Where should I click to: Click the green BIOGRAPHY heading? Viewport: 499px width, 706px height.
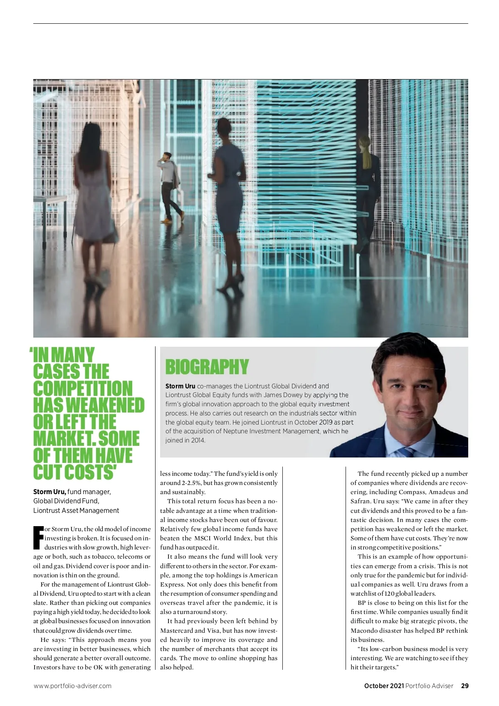(207, 367)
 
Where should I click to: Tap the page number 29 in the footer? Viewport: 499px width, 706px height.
(464, 686)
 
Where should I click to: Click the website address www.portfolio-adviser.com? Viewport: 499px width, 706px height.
(72, 686)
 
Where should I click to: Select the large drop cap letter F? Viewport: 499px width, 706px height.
(38, 538)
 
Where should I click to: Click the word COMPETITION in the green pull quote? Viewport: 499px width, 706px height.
(83, 388)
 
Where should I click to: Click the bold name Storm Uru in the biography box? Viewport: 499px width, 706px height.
(180, 386)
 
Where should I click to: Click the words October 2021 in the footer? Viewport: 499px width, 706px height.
(383, 686)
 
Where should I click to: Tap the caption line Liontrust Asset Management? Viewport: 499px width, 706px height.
(76, 510)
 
